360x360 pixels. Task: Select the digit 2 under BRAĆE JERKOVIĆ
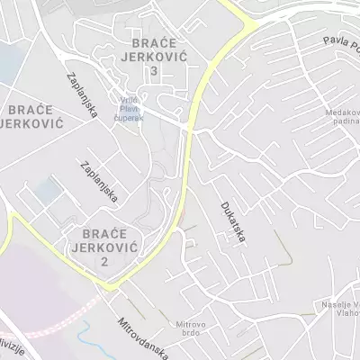(104, 261)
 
